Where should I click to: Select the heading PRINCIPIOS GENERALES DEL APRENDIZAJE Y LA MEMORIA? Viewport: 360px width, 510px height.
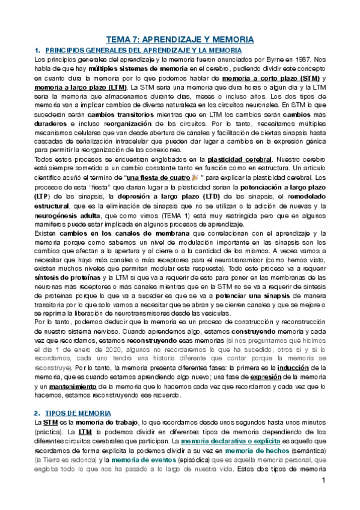(143, 51)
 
